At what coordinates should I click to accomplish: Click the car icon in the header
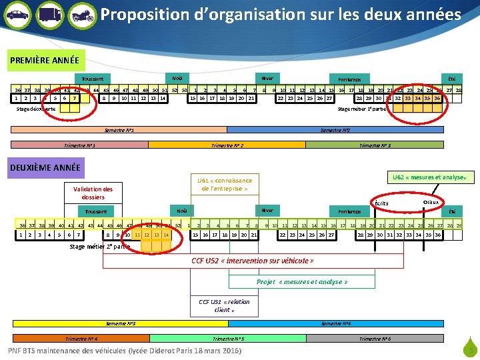(x=17, y=14)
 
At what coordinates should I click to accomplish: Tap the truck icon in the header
(x=49, y=14)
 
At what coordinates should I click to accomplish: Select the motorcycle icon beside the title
(x=81, y=14)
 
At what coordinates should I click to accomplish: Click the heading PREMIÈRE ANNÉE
(x=45, y=60)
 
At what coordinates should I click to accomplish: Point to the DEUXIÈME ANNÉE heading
(x=45, y=168)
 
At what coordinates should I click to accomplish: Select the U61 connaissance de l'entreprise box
(x=225, y=184)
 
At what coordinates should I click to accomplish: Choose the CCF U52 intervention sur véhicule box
(x=252, y=261)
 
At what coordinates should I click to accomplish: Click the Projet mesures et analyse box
(x=302, y=281)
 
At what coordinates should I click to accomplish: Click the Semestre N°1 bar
(x=121, y=130)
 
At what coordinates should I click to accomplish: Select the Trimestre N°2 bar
(x=227, y=145)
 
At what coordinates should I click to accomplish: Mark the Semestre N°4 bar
(x=336, y=324)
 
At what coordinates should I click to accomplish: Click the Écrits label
(x=381, y=203)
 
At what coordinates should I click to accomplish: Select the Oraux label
(x=431, y=201)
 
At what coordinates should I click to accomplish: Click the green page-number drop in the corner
(x=470, y=347)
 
